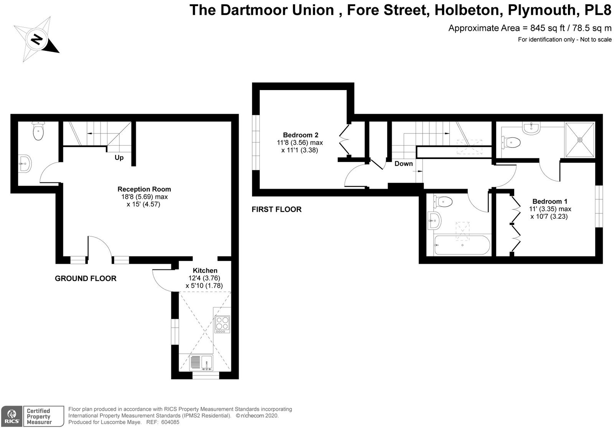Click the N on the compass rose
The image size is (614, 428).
click(36, 39)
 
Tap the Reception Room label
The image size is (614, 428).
click(144, 189)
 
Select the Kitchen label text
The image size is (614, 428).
click(205, 271)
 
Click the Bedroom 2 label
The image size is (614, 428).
click(301, 135)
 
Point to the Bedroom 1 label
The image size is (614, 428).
click(550, 202)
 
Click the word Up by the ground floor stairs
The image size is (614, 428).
click(119, 157)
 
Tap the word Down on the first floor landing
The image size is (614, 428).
click(403, 164)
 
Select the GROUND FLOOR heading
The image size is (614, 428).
click(86, 278)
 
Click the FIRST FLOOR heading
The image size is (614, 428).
click(277, 209)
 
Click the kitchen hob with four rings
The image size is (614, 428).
click(222, 324)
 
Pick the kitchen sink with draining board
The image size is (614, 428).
click(201, 363)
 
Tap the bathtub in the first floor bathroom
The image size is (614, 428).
click(462, 245)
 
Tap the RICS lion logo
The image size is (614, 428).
click(12, 417)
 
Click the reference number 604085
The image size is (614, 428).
click(170, 422)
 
